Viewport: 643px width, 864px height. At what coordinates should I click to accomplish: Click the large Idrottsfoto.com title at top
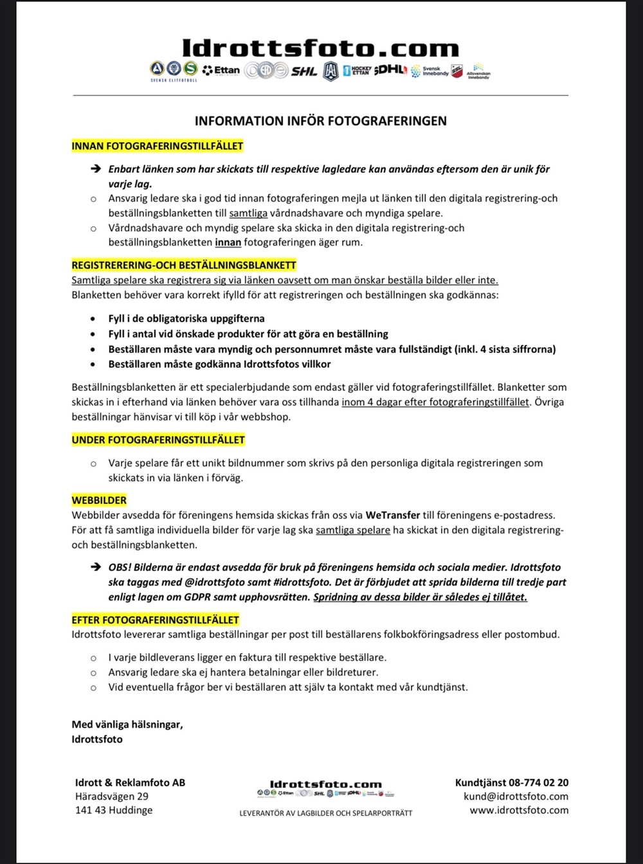[320, 48]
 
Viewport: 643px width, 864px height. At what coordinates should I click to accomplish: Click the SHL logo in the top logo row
[304, 71]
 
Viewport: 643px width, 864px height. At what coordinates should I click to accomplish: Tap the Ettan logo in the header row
[221, 70]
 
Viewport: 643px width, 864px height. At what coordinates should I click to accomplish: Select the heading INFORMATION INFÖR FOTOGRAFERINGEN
[320, 121]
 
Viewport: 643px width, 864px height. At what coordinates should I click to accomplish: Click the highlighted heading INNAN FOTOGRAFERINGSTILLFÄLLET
[158, 146]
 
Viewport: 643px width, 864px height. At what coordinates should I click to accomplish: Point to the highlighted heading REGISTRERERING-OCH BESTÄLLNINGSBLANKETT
[184, 265]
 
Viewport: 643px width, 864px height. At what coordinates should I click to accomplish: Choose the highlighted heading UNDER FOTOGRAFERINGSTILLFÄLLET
[158, 440]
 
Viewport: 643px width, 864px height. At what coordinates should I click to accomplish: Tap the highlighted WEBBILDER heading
[99, 500]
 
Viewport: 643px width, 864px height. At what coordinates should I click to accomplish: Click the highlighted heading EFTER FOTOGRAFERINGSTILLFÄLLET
[156, 620]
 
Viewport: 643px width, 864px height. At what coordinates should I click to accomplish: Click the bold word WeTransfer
[392, 515]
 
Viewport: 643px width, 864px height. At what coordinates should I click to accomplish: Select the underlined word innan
[228, 242]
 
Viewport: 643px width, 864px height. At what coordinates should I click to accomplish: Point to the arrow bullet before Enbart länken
[96, 169]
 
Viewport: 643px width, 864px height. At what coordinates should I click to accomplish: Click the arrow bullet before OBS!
[96, 567]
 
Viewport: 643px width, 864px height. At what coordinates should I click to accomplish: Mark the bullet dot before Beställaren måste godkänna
[94, 364]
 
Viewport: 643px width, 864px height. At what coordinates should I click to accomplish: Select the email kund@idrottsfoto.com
[516, 797]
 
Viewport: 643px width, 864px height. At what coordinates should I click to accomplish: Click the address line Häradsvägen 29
[112, 797]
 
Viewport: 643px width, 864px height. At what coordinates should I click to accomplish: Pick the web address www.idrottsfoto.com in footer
[519, 810]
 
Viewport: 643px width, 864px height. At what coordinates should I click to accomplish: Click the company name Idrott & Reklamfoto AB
[130, 782]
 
